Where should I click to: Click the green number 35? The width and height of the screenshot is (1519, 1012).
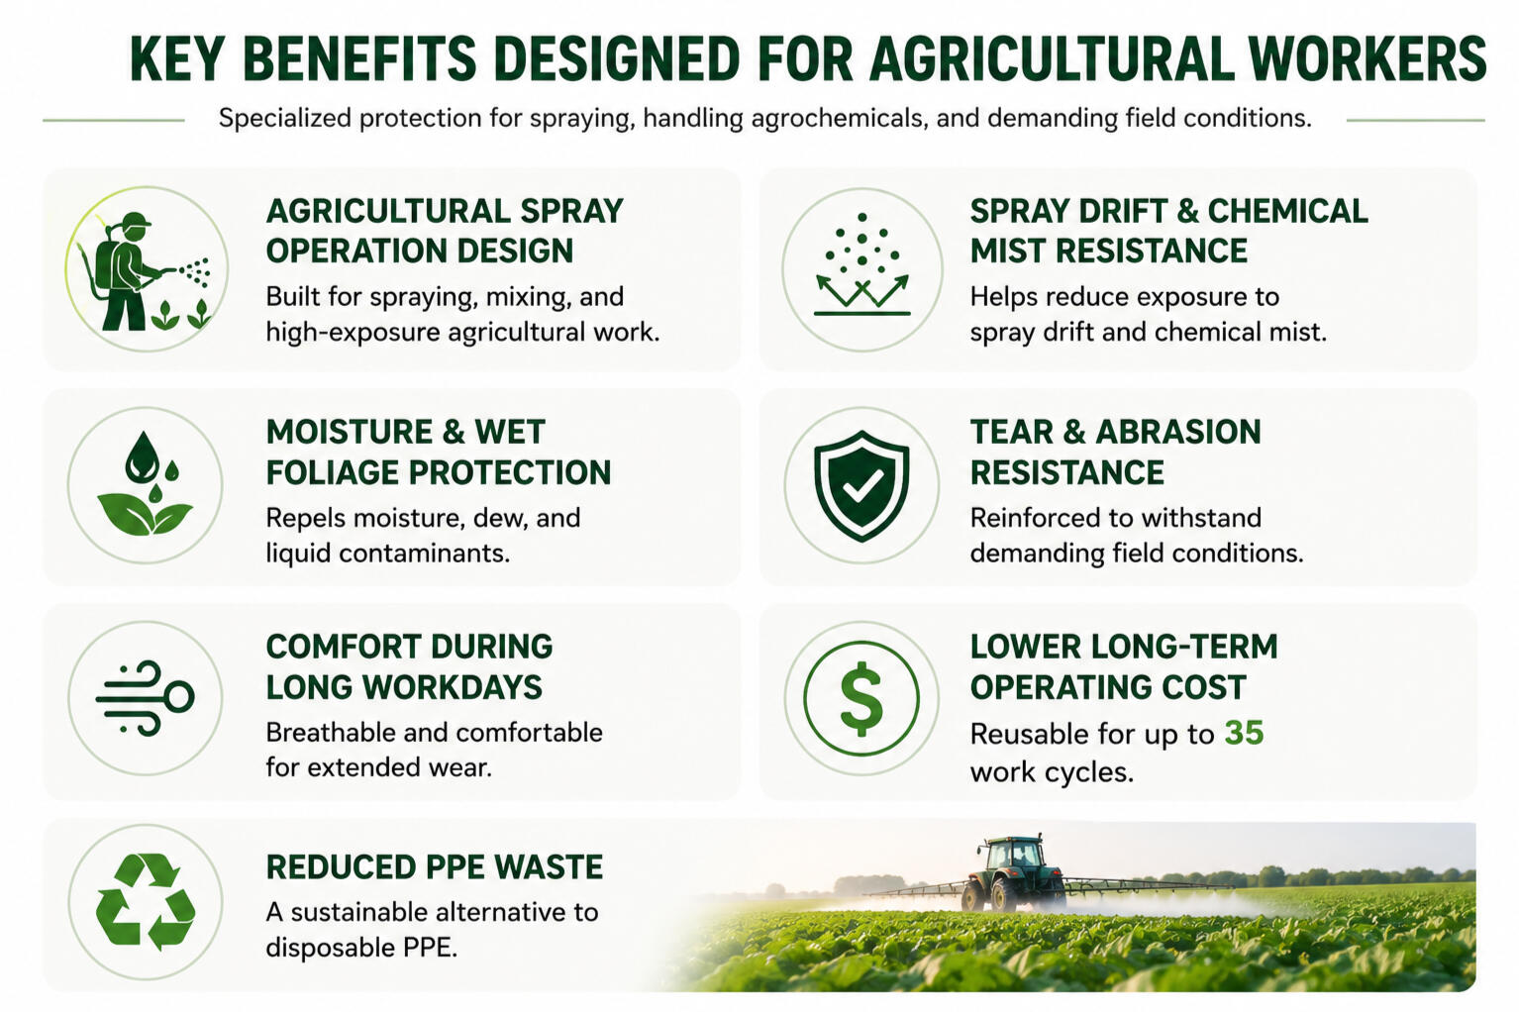click(x=1245, y=733)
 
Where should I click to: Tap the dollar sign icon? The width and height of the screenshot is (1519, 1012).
click(x=861, y=699)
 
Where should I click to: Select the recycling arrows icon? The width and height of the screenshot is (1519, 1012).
click(x=146, y=902)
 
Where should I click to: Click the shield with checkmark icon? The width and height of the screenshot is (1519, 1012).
click(x=861, y=485)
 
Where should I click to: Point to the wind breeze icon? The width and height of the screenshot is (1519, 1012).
click(x=146, y=699)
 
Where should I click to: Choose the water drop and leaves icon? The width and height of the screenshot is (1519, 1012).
click(x=146, y=483)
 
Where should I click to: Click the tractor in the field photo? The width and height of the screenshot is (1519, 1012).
click(x=1014, y=873)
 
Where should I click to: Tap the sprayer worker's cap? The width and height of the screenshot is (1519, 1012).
click(x=137, y=220)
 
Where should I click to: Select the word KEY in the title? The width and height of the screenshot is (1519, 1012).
click(x=177, y=59)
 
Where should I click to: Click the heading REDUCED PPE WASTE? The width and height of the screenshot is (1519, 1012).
click(x=434, y=866)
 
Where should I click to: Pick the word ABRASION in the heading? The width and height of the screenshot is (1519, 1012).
click(x=1178, y=432)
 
